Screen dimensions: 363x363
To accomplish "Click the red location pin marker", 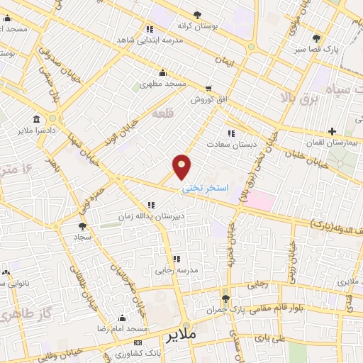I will [182, 167].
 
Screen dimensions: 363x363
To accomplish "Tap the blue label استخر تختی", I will [206, 189].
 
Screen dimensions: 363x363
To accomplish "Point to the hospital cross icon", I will [332, 131].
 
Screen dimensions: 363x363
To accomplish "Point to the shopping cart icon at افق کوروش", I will [208, 89].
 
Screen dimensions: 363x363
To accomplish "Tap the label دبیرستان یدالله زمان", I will [150, 216].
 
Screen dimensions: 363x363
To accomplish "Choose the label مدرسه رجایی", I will [177, 270].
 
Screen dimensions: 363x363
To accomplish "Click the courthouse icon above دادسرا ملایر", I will [36, 119].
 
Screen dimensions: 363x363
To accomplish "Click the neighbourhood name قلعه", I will [162, 113].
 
